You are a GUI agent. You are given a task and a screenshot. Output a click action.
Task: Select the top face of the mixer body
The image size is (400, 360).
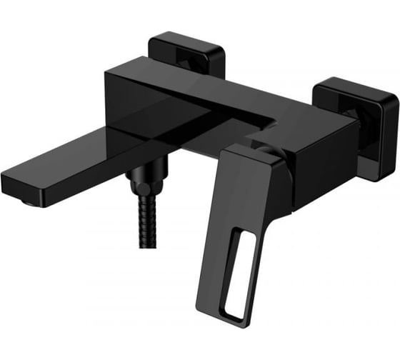[x=214, y=89]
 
